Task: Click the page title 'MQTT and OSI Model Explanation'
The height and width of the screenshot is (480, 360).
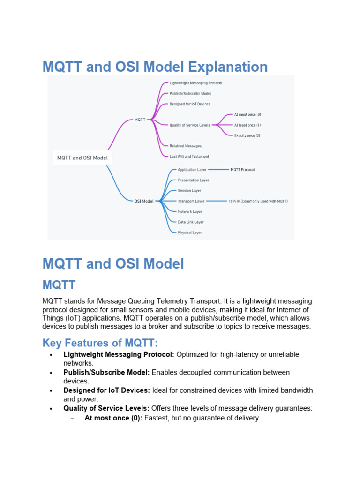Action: [155, 67]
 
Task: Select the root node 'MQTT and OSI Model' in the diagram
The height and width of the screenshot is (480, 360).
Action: [82, 157]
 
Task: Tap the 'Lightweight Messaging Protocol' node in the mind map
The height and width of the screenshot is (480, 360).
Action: [195, 83]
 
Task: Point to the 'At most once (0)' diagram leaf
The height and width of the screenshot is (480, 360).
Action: [247, 114]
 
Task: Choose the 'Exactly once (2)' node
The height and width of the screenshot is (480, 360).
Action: [247, 135]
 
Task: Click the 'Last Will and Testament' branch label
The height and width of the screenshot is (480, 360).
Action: [189, 156]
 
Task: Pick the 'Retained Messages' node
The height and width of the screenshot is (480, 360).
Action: [185, 146]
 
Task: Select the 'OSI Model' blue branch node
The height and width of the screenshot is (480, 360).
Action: [144, 201]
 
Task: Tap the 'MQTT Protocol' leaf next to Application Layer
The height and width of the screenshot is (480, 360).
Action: [242, 170]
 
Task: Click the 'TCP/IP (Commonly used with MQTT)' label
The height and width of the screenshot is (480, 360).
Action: [258, 201]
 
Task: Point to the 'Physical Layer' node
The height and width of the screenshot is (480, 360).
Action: [190, 232]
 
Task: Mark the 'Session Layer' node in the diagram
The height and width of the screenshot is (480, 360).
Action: [189, 191]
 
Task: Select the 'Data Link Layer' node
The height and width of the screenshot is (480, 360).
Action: [190, 222]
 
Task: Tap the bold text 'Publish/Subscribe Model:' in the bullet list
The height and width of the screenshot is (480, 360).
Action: [106, 372]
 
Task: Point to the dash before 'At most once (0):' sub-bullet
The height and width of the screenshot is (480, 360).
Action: [72, 418]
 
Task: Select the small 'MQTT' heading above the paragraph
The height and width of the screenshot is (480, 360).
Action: [59, 285]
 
